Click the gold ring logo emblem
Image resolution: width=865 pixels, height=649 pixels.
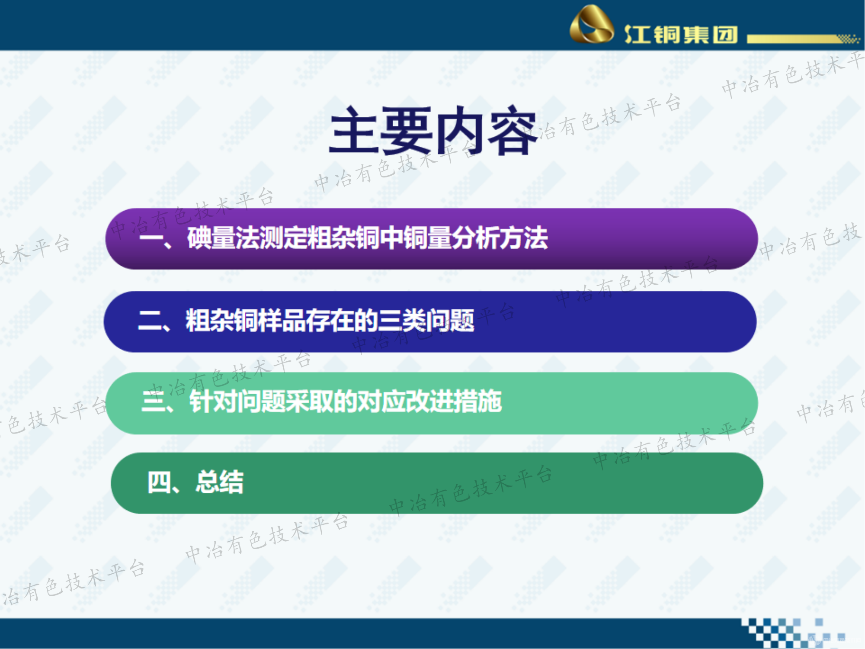(592, 25)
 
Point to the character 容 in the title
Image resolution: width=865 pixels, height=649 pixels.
(512, 131)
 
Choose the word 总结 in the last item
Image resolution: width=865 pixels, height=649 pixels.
(220, 482)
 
